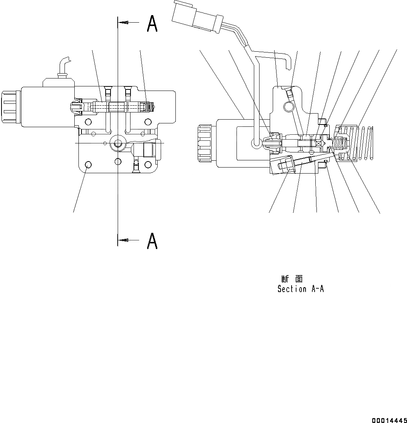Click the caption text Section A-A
tap(301, 289)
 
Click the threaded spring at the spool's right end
tap(151, 107)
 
